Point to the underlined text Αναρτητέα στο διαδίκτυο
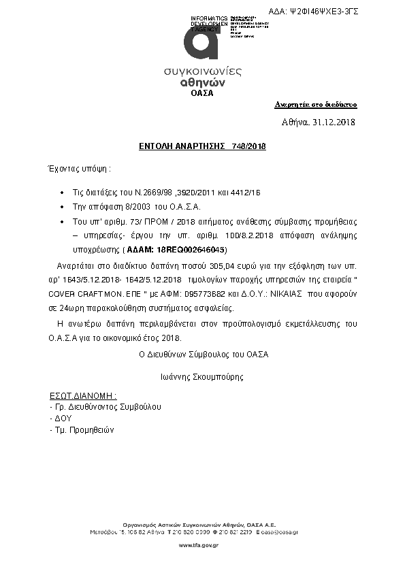click(316, 105)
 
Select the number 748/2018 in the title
click(249, 146)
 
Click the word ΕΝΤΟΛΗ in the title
click(155, 146)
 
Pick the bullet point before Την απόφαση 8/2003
click(63, 206)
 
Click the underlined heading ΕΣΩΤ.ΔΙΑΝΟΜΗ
click(84, 395)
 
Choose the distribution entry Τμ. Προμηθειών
click(82, 430)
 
